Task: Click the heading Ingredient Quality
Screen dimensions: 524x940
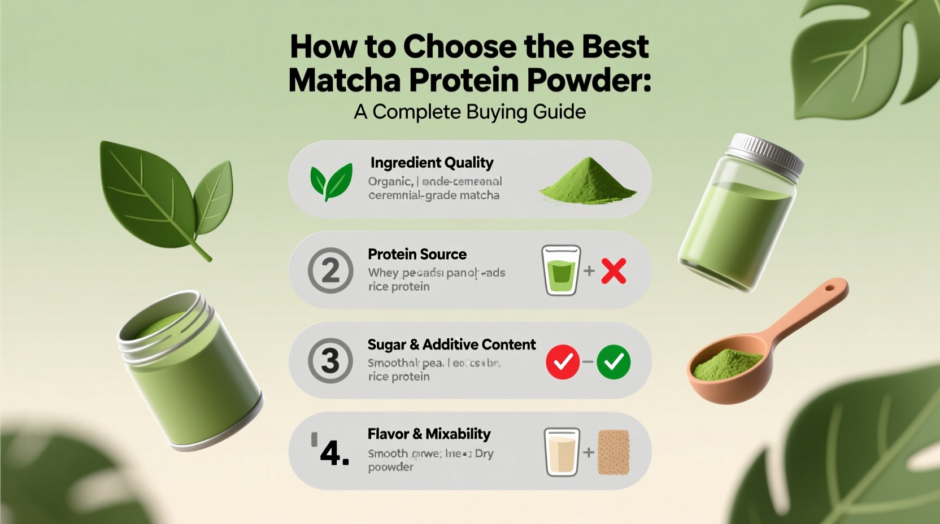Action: coord(432,163)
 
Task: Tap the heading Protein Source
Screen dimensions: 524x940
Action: coord(417,254)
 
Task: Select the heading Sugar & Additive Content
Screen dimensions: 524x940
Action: coord(451,344)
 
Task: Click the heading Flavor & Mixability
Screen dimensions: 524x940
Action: coord(429,434)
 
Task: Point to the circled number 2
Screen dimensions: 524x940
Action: coord(330,270)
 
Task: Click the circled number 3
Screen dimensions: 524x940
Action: coord(330,361)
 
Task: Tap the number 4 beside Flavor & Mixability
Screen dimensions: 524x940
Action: coord(333,452)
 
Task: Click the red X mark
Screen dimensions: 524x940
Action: coord(613,271)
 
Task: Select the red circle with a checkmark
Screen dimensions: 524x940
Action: coord(563,361)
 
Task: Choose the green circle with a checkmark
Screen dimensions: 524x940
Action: coord(613,361)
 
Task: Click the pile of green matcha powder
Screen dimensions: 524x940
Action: coord(589,182)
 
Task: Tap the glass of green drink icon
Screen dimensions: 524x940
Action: coord(561,270)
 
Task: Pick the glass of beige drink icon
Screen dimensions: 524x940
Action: coord(562,452)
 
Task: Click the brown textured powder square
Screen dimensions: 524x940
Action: coord(613,452)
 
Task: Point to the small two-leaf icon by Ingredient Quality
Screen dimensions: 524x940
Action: coord(331,181)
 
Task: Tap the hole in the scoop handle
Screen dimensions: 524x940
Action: coord(829,288)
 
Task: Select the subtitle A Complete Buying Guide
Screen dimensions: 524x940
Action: coord(469,112)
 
